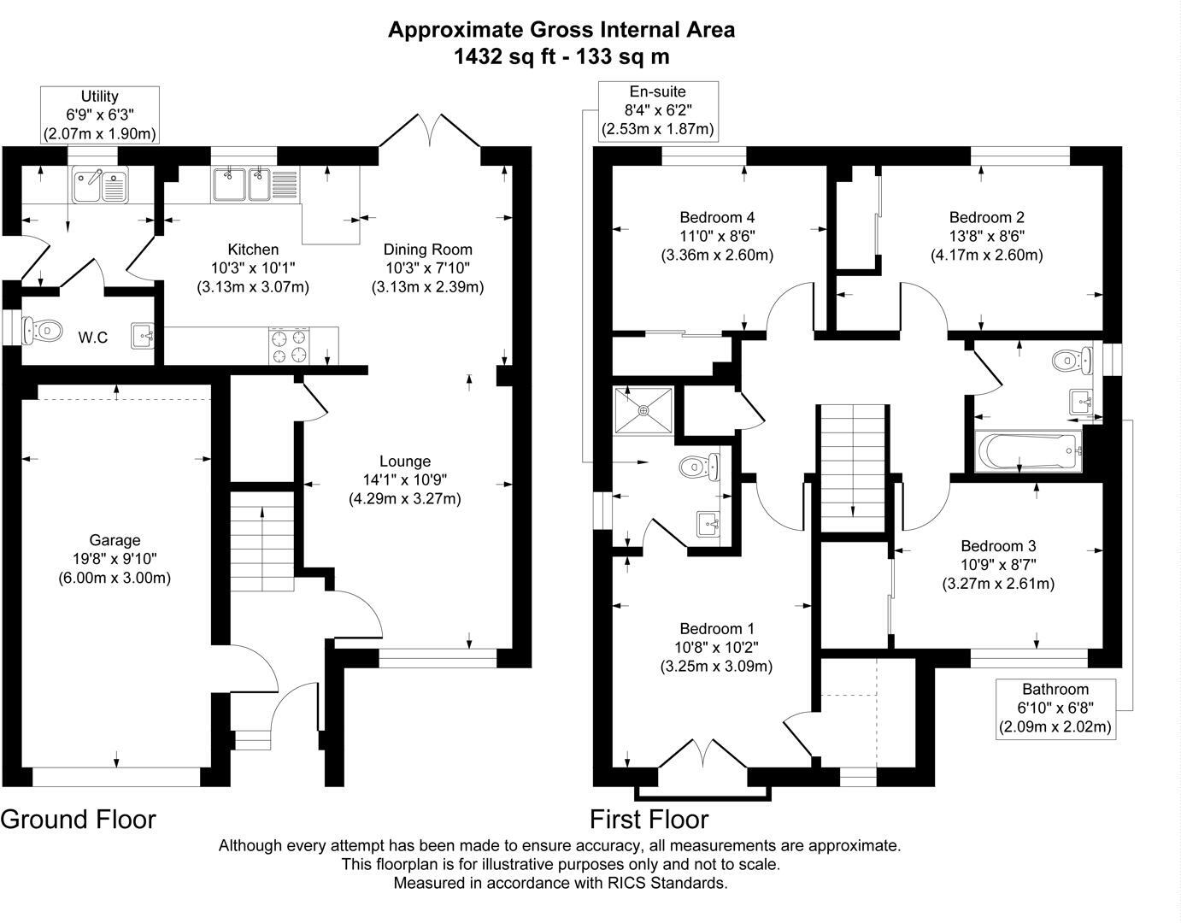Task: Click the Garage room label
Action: (x=115, y=540)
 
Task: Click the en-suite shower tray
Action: (x=643, y=410)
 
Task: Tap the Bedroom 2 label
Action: (x=986, y=217)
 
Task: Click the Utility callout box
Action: (x=100, y=115)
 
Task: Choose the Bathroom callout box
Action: (x=1055, y=708)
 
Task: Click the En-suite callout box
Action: (x=657, y=110)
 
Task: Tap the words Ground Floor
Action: (x=79, y=820)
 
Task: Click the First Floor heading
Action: (x=649, y=820)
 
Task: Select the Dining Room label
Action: (x=427, y=250)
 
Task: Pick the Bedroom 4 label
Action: (x=717, y=217)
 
